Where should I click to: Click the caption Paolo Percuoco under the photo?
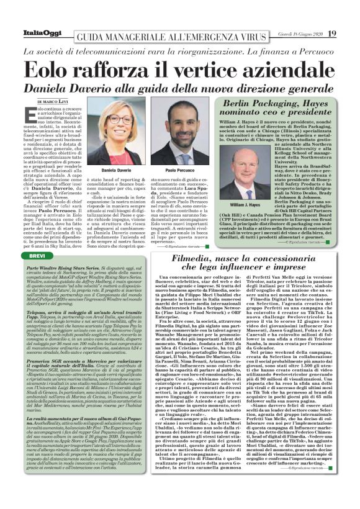(181, 169)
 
